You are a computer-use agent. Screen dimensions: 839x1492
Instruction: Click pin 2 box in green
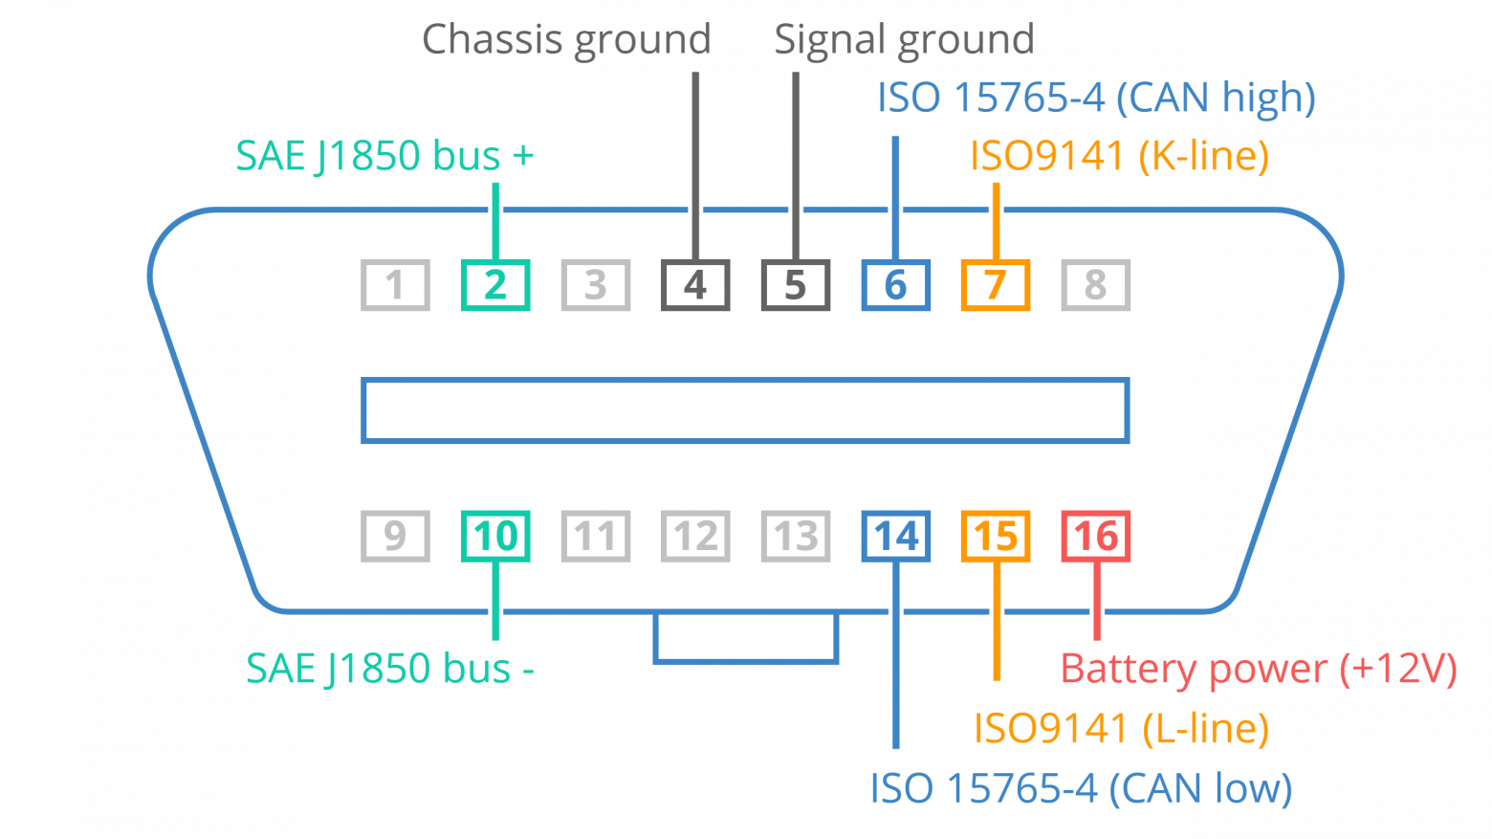click(495, 285)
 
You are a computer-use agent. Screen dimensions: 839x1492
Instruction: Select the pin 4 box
click(695, 285)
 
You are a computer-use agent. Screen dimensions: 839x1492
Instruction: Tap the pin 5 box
click(795, 285)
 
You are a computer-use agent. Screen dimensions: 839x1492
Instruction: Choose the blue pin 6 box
click(895, 285)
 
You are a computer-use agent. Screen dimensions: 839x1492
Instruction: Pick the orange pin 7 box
click(995, 285)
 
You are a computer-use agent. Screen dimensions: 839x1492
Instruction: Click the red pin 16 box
click(1095, 536)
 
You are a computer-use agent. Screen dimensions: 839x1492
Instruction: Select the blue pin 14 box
click(895, 536)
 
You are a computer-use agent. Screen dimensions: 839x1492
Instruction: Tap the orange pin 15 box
click(995, 536)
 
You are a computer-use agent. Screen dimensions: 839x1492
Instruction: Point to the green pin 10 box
click(495, 536)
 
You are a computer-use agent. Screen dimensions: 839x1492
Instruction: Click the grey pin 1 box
click(395, 285)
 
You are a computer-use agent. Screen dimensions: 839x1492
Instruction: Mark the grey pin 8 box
click(1095, 285)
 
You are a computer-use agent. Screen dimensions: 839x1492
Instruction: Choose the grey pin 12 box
click(695, 536)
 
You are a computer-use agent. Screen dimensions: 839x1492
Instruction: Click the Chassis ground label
click(566, 41)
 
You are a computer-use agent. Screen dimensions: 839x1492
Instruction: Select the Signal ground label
click(904, 41)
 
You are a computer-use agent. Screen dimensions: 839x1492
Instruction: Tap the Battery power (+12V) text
click(1258, 669)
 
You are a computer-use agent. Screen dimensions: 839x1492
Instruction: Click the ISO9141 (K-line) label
click(1119, 156)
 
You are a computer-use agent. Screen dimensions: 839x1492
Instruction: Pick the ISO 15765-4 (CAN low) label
click(1081, 789)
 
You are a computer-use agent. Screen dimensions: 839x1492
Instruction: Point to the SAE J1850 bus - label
click(389, 669)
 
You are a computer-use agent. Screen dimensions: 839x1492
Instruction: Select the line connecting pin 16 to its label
click(1096, 603)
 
